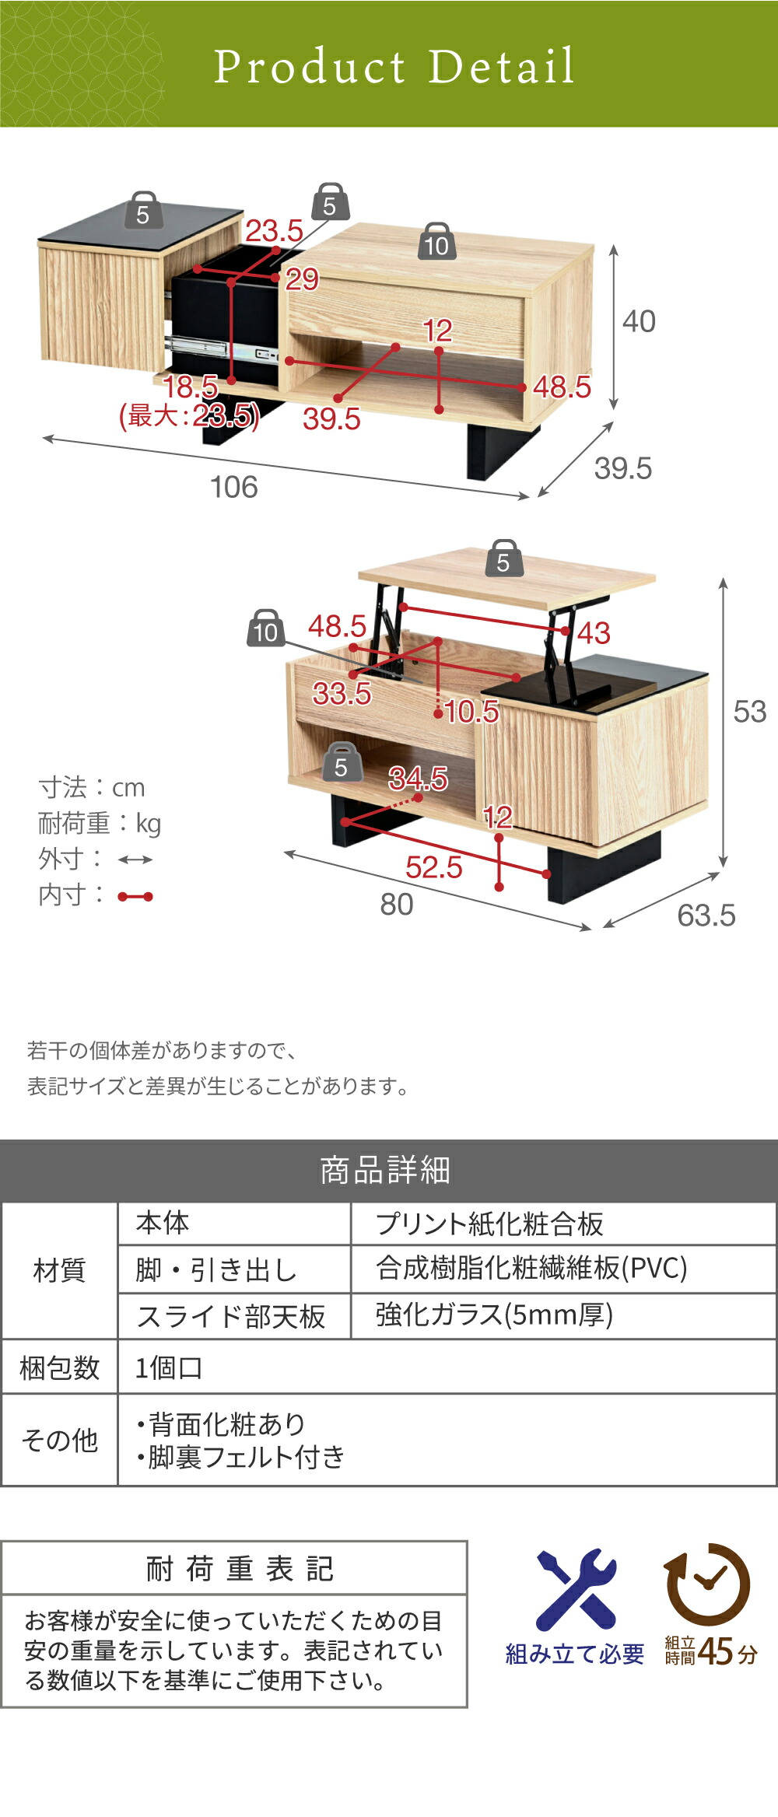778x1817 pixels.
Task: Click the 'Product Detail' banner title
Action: pyautogui.click(x=394, y=66)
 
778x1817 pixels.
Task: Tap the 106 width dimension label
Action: pyautogui.click(x=234, y=488)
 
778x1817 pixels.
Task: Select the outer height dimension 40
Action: pyautogui.click(x=639, y=321)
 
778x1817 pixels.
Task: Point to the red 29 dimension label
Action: pyautogui.click(x=302, y=278)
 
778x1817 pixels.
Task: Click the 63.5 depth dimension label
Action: pyautogui.click(x=706, y=916)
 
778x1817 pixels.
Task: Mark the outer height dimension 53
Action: pyautogui.click(x=750, y=712)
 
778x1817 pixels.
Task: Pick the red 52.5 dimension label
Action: pyautogui.click(x=434, y=867)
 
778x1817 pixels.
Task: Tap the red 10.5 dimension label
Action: pyautogui.click(x=471, y=711)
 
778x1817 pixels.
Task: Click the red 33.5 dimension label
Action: pyautogui.click(x=342, y=693)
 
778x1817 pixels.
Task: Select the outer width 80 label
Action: pyautogui.click(x=397, y=905)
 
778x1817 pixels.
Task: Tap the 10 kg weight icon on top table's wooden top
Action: pyautogui.click(x=437, y=241)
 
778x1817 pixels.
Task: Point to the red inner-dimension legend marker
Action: pyautogui.click(x=135, y=897)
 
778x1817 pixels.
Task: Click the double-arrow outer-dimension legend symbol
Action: pyautogui.click(x=135, y=859)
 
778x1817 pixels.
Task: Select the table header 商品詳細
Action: pyautogui.click(x=385, y=1171)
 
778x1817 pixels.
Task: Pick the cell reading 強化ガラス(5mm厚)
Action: pyautogui.click(x=494, y=1315)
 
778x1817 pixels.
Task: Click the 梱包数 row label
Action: pyautogui.click(x=59, y=1367)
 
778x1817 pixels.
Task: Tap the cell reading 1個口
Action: pyautogui.click(x=169, y=1367)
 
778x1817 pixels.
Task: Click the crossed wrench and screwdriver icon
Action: pyautogui.click(x=576, y=1590)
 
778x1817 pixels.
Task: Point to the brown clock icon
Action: pyautogui.click(x=707, y=1584)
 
